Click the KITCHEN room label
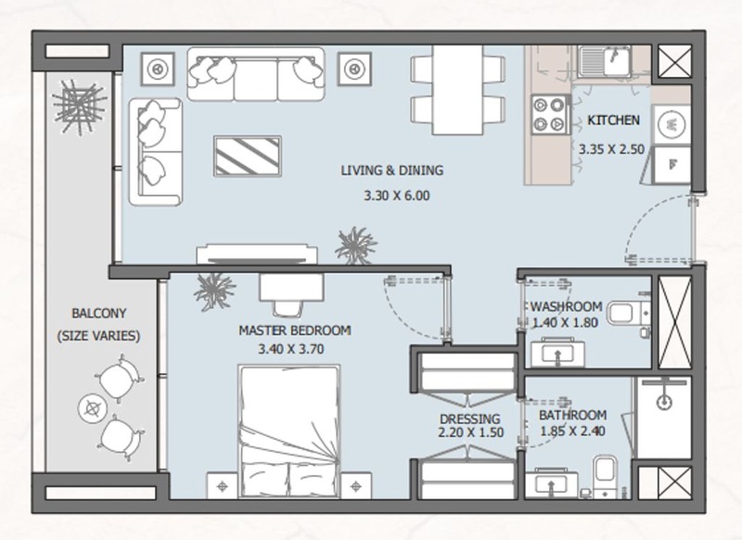coord(613,121)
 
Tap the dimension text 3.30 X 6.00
coord(397,196)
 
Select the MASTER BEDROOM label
coord(294,330)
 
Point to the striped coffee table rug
coord(248,156)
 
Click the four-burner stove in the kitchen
coord(550,114)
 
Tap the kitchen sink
coord(606,61)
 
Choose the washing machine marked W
coord(671,124)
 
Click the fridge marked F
coord(672,165)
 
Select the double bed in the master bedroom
coord(289,431)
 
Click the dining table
coord(457,90)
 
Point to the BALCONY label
coord(99,314)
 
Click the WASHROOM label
coord(566,307)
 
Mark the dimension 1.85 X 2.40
coord(572,431)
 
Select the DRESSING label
coord(470,418)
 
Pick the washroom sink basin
coord(557,353)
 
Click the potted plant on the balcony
coord(79,107)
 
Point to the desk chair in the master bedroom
coord(288,309)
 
